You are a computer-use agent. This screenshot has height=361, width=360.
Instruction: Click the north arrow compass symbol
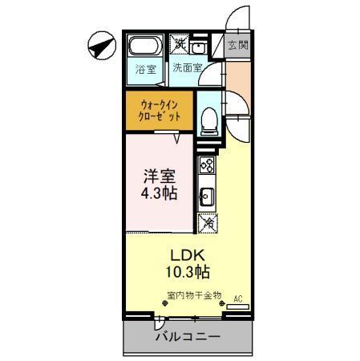98,47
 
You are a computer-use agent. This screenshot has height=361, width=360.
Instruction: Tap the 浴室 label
145,68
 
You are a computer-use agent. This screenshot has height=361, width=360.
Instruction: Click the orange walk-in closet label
159,111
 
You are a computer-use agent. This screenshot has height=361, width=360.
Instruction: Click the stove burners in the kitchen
206,165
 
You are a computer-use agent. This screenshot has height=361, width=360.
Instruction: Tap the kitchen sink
206,195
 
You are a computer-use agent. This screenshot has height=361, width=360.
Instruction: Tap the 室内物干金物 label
194,295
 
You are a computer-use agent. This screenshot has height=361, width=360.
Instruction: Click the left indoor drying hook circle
168,306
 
